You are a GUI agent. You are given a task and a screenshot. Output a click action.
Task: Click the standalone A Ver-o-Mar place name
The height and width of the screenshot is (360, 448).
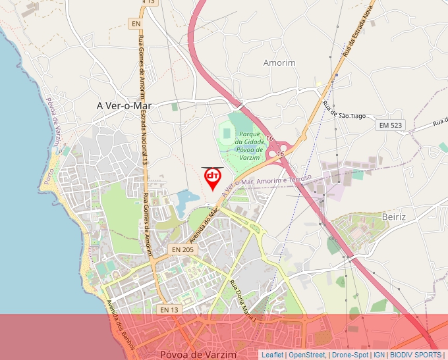(124, 105)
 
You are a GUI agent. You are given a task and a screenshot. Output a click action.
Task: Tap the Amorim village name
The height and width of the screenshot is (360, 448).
(279, 63)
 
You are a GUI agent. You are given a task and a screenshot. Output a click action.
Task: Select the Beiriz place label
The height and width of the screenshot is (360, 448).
(394, 217)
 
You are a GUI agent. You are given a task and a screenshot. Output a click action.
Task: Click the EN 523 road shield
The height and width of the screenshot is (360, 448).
(390, 125)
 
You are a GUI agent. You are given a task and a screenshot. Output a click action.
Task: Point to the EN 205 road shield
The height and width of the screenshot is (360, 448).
(182, 250)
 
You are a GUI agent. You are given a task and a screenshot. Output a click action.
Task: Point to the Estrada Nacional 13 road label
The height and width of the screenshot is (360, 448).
(144, 138)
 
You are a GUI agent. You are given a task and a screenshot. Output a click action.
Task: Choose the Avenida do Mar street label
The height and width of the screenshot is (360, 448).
(204, 224)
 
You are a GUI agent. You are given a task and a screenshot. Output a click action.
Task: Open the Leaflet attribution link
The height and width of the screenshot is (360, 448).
(272, 355)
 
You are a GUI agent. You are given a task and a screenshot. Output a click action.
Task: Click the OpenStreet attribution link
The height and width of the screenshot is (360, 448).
(306, 355)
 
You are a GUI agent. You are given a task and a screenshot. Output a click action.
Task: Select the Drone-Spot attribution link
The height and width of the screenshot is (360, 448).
(350, 355)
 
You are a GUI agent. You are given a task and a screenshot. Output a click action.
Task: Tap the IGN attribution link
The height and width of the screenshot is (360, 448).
(379, 355)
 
